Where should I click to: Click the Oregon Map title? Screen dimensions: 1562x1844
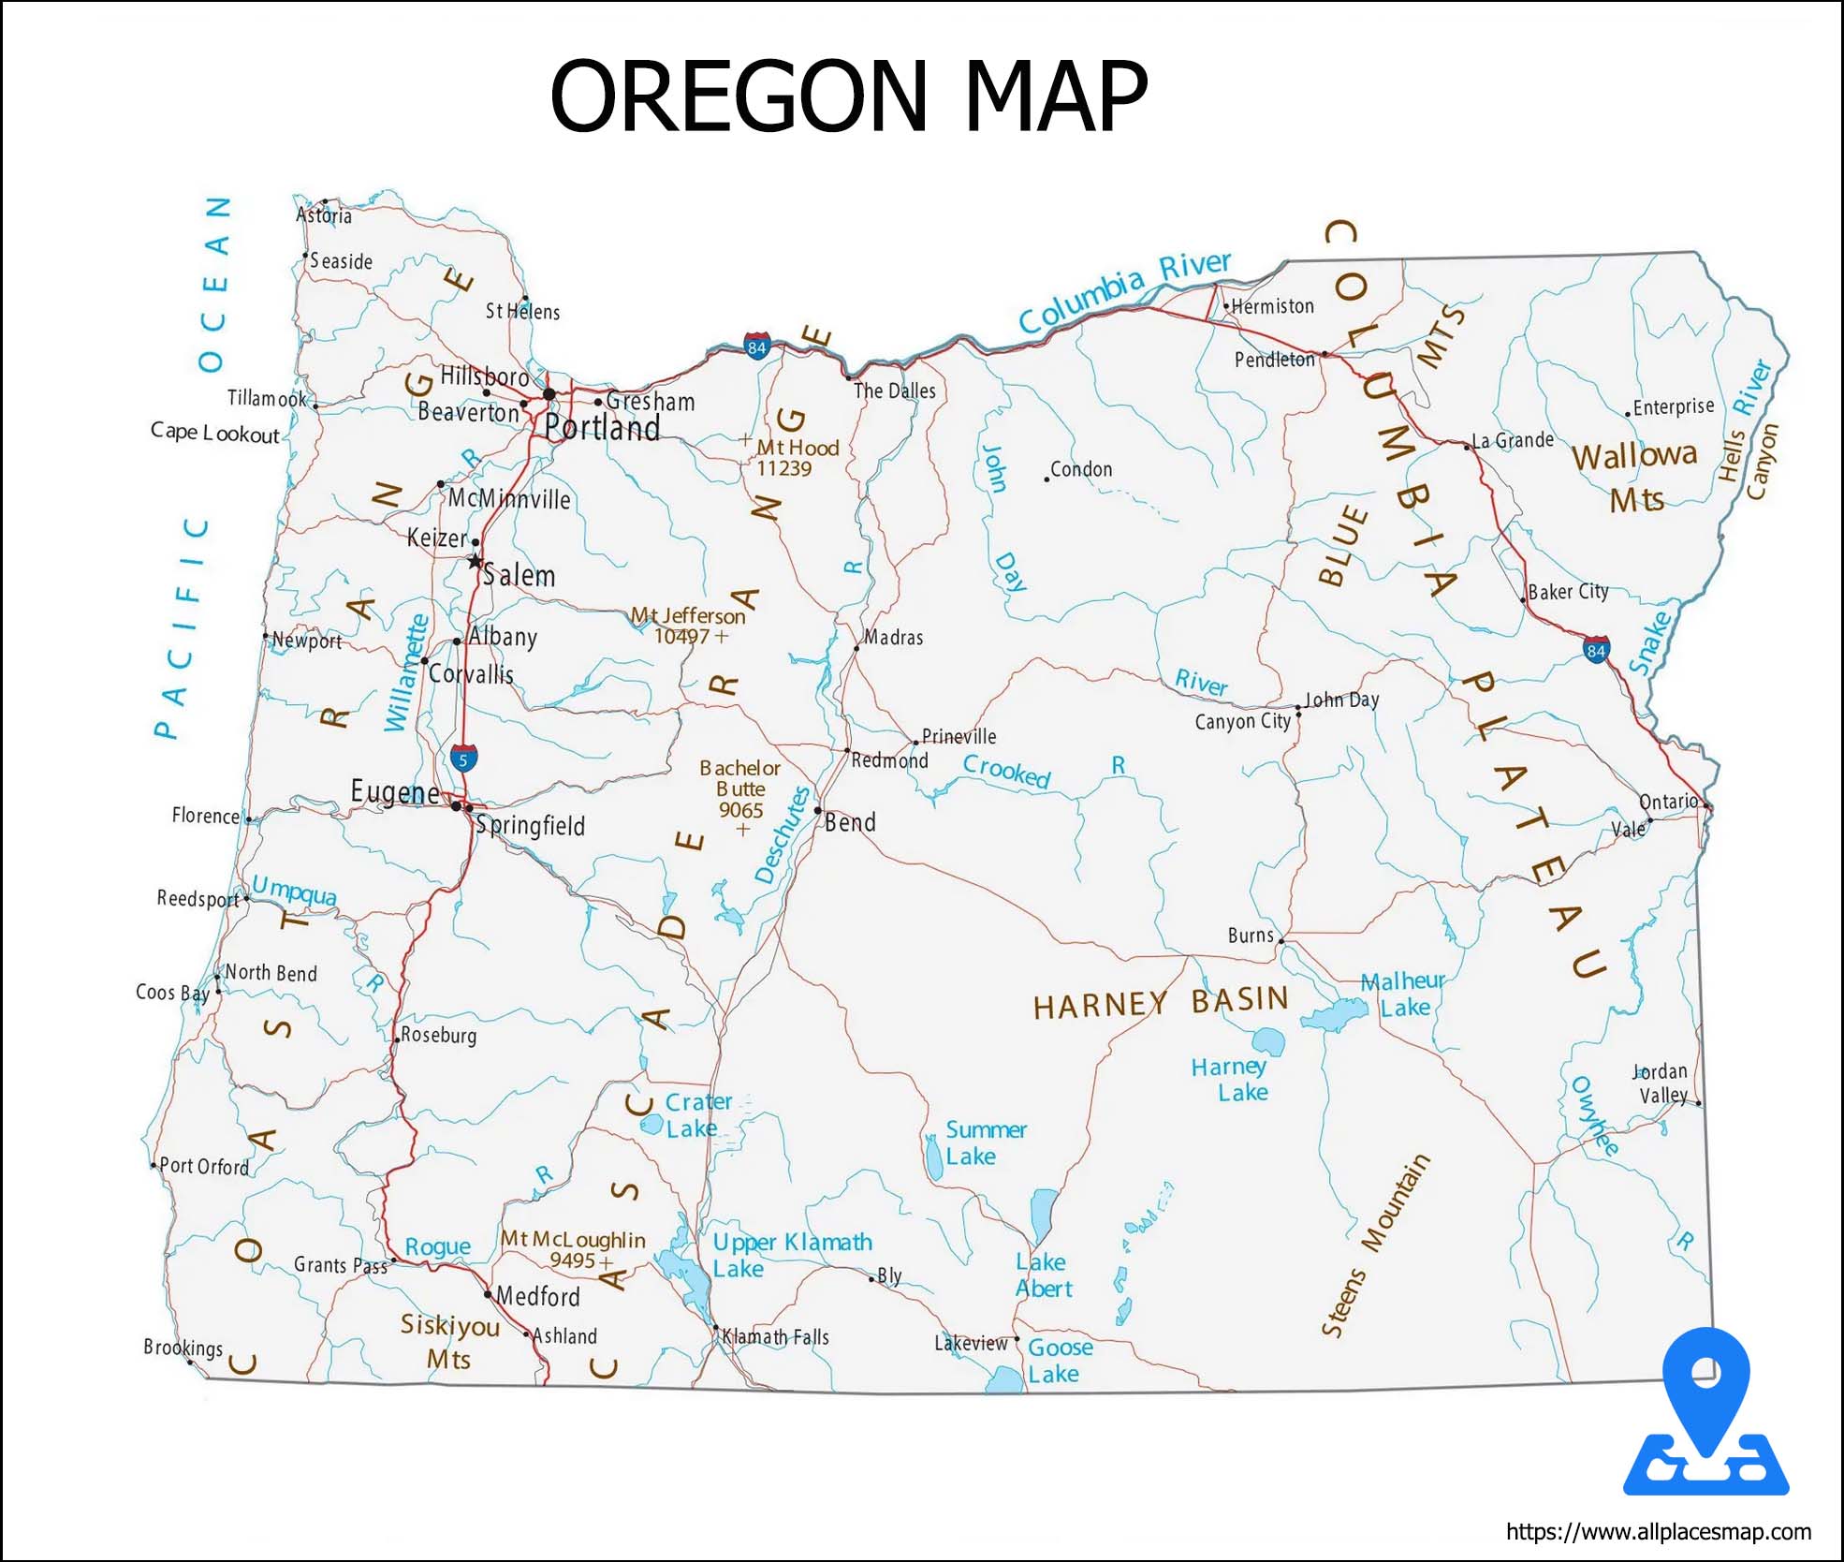click(848, 96)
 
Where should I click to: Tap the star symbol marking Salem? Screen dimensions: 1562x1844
click(476, 562)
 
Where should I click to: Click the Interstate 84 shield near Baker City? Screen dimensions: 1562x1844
click(1596, 650)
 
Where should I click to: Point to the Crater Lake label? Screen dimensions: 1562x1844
click(697, 1114)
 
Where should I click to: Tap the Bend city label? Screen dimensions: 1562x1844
click(850, 822)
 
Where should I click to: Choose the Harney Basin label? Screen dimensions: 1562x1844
click(1161, 1003)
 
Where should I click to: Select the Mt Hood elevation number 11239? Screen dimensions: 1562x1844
click(784, 468)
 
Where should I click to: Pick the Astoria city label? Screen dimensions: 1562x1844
click(324, 215)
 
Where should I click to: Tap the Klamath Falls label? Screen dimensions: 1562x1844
click(775, 1336)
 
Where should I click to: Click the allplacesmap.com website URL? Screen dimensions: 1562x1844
click(1658, 1532)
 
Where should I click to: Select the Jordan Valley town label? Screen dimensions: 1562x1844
click(1661, 1083)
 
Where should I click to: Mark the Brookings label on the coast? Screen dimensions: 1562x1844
click(183, 1348)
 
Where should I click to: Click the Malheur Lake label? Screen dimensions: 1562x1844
click(1403, 994)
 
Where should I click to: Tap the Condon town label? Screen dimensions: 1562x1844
click(1081, 469)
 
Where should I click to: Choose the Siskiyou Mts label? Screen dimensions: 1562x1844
click(449, 1341)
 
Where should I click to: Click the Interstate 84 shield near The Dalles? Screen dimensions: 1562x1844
click(756, 347)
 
